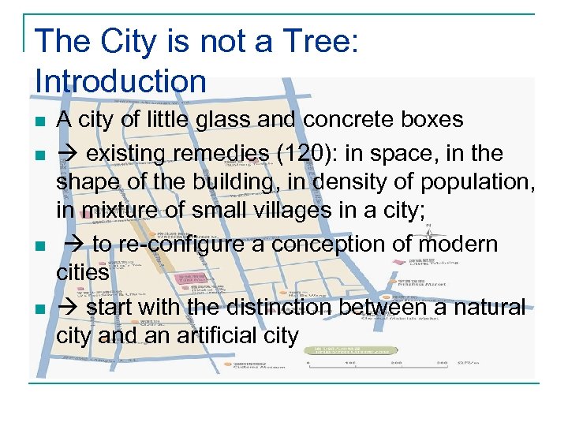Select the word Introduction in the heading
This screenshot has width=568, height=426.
(x=121, y=80)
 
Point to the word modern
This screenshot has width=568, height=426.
(x=458, y=244)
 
